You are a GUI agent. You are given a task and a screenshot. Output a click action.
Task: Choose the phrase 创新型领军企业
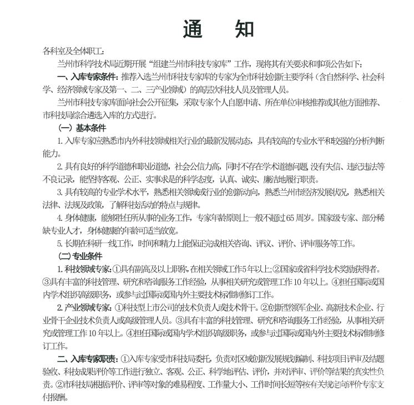tap(295, 307)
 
